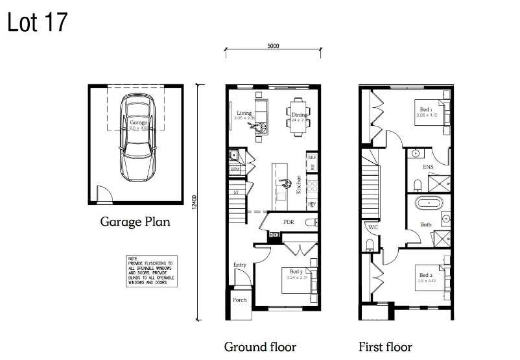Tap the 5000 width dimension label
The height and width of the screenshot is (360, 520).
pyautogui.click(x=273, y=46)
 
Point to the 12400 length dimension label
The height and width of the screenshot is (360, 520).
pyautogui.click(x=194, y=202)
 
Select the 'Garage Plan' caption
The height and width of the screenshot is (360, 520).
pyautogui.click(x=135, y=222)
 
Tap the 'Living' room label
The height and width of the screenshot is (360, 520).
pyautogui.click(x=244, y=113)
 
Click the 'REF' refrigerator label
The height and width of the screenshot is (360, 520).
pyautogui.click(x=312, y=158)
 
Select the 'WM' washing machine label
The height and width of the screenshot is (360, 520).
pyautogui.click(x=235, y=169)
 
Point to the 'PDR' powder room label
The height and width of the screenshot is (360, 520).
pyautogui.click(x=289, y=221)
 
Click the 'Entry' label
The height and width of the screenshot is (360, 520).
pyautogui.click(x=240, y=265)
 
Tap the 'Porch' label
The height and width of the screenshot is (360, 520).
pyautogui.click(x=239, y=300)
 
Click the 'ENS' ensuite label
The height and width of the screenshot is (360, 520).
pyautogui.click(x=429, y=167)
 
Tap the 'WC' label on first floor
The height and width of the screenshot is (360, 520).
pyautogui.click(x=373, y=228)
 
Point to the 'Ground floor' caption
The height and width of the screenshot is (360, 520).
pyautogui.click(x=260, y=346)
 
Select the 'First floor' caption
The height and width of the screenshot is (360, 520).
pyautogui.click(x=385, y=346)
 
